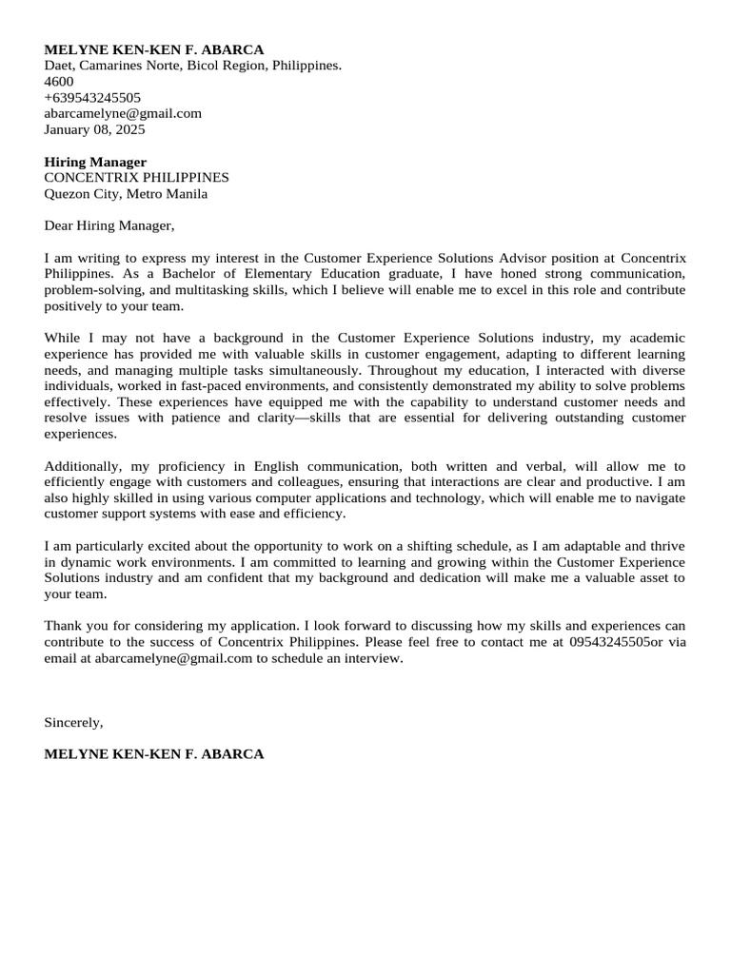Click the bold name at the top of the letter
point(154,49)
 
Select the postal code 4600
point(59,81)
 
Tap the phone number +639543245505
point(92,97)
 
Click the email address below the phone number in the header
point(123,113)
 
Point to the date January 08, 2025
point(94,129)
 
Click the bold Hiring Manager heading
point(95,162)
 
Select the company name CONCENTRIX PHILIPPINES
point(136,178)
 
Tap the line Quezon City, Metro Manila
point(126,194)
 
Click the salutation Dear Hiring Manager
point(109,226)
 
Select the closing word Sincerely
point(73,722)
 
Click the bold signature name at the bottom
point(154,754)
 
